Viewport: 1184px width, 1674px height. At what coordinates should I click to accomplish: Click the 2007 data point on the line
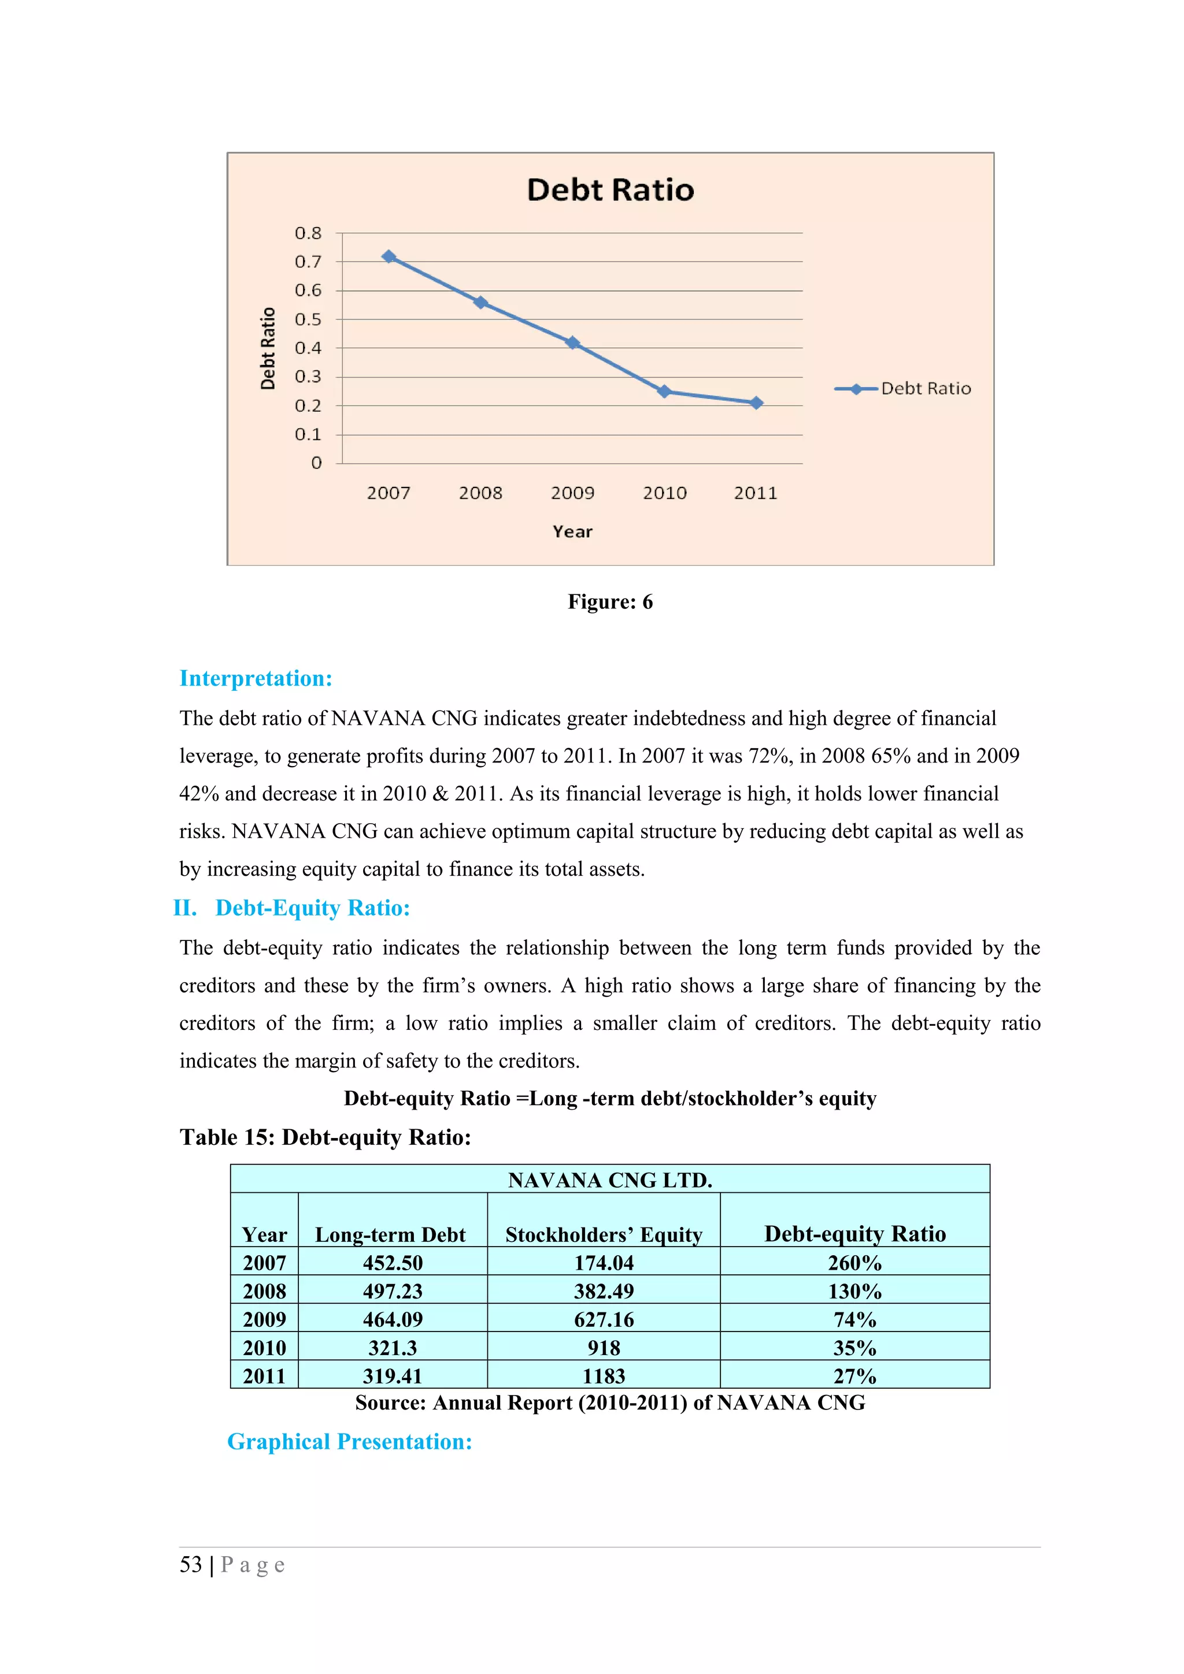tap(389, 256)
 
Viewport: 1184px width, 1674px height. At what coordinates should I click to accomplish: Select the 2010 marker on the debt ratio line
tap(664, 392)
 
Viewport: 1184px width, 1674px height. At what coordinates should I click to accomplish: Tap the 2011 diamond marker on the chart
tap(757, 403)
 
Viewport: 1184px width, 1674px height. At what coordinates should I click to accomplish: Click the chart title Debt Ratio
tap(610, 189)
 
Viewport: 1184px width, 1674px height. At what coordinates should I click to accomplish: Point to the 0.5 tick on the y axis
tap(308, 319)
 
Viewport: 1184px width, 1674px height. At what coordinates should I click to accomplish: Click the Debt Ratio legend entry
tap(903, 389)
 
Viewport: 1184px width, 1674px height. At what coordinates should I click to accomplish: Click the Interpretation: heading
tap(256, 678)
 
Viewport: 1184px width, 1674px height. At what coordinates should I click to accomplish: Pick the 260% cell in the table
tap(854, 1263)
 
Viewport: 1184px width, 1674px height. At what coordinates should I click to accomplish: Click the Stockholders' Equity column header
tap(604, 1234)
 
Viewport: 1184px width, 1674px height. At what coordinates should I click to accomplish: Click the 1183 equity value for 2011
tap(604, 1376)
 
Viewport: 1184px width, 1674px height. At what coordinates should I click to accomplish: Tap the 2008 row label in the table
tap(264, 1291)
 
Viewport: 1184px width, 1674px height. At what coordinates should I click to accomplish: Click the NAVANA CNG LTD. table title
tap(610, 1180)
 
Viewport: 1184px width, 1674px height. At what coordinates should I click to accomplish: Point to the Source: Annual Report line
tap(610, 1403)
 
